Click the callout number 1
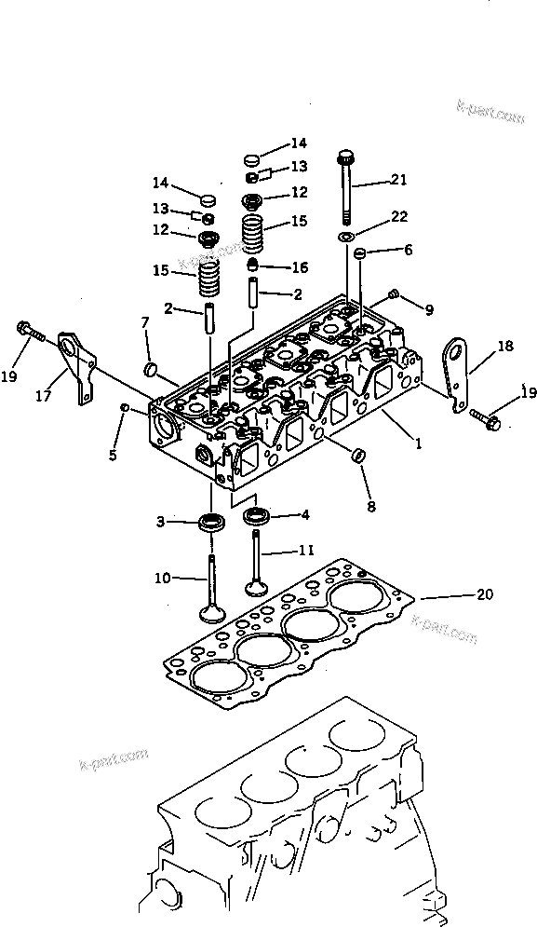tap(419, 444)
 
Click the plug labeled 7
tap(148, 371)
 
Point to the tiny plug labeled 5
tap(125, 407)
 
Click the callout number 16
tap(299, 267)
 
